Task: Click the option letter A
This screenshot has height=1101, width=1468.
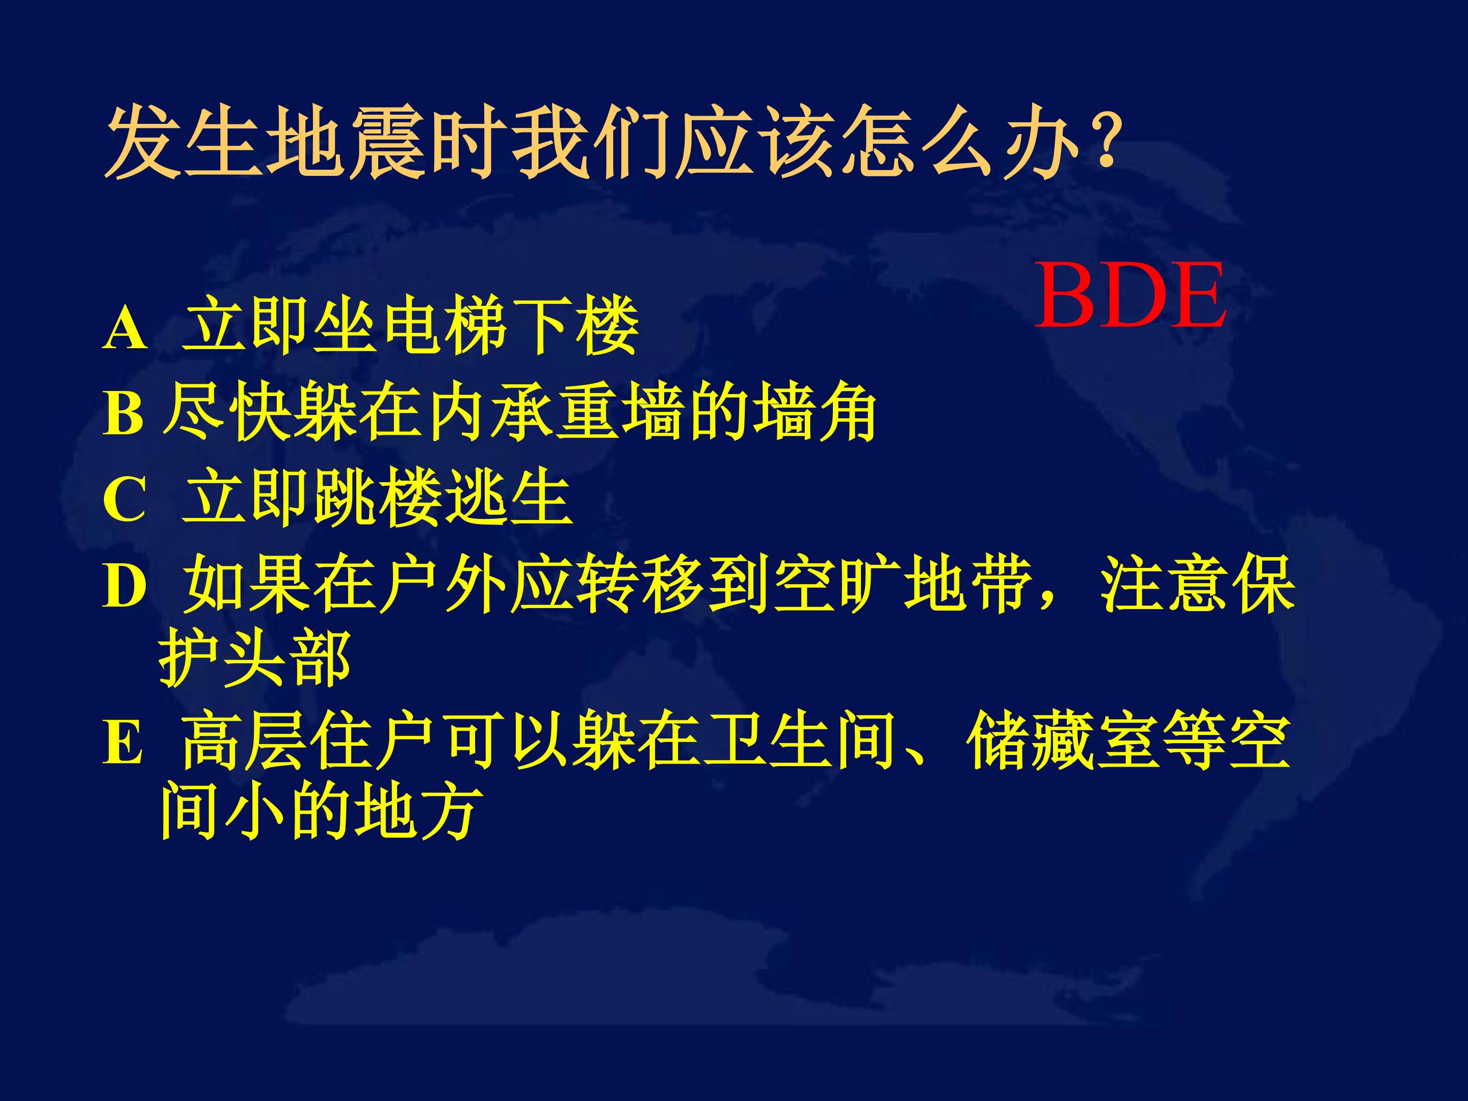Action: (x=125, y=329)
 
